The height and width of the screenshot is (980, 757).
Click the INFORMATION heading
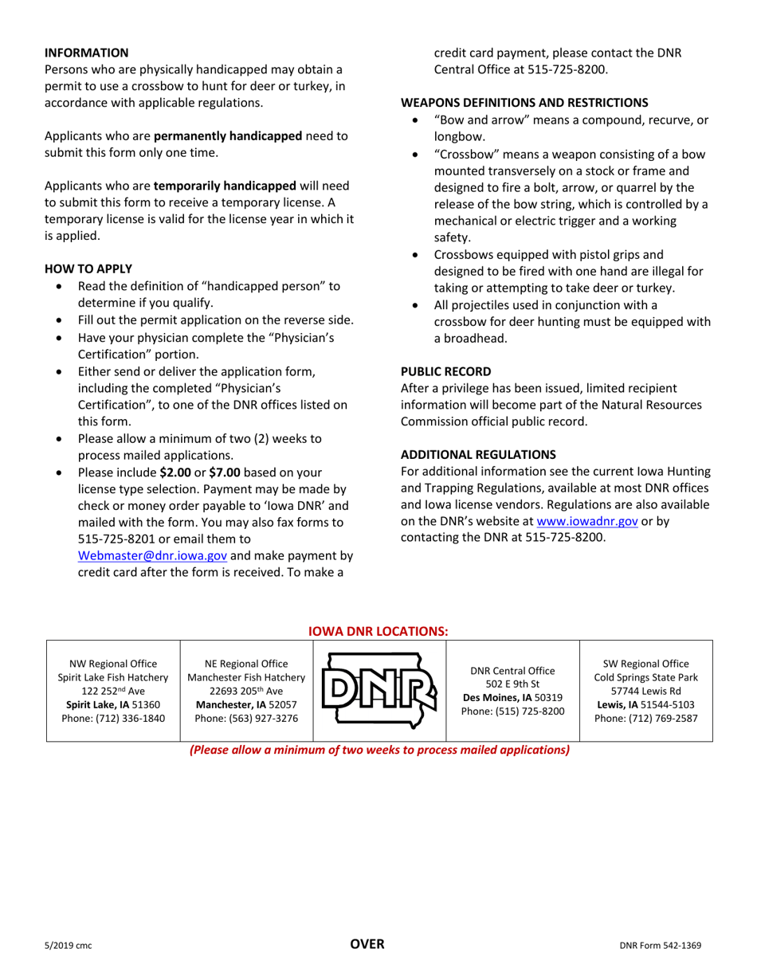point(86,53)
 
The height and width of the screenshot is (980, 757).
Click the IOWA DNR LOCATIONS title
point(378,631)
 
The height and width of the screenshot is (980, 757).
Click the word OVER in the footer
point(368,945)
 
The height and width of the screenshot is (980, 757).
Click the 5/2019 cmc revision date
point(68,946)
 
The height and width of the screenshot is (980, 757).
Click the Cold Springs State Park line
point(645,677)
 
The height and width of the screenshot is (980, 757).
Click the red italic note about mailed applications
point(378,751)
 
